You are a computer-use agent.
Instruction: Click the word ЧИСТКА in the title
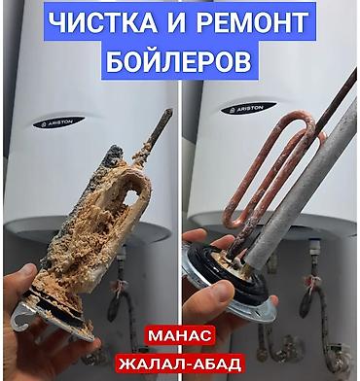pyautogui.click(x=103, y=22)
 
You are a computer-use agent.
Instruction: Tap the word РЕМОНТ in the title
pyautogui.click(x=252, y=22)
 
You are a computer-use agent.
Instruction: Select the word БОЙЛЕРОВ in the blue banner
pyautogui.click(x=179, y=62)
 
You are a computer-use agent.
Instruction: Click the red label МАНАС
pyautogui.click(x=179, y=335)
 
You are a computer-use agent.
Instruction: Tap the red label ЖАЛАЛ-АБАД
pyautogui.click(x=180, y=364)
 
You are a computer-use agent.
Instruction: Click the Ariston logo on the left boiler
pyautogui.click(x=58, y=122)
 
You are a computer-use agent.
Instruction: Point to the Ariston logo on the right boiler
pyautogui.click(x=248, y=108)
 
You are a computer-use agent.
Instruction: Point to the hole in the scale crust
pyautogui.click(x=133, y=197)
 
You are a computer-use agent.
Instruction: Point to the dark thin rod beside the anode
pyautogui.click(x=338, y=99)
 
